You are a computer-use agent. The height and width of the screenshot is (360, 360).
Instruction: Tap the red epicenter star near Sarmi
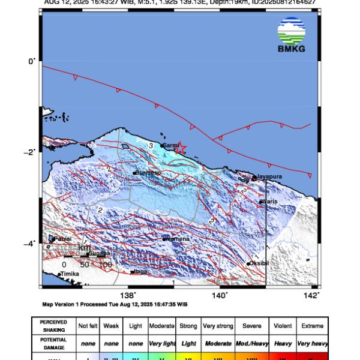(180, 148)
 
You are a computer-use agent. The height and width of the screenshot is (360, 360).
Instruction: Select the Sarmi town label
(172, 145)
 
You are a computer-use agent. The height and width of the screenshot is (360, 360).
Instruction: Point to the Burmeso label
(149, 173)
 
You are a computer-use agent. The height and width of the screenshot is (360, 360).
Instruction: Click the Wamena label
(178, 239)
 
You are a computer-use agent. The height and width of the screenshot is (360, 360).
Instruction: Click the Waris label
(269, 202)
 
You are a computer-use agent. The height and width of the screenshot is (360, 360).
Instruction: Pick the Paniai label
(62, 239)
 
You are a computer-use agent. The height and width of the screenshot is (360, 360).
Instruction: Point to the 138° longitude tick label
(128, 295)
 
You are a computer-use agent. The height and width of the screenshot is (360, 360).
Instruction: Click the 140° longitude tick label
(220, 295)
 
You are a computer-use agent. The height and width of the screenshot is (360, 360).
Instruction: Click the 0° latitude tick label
(34, 60)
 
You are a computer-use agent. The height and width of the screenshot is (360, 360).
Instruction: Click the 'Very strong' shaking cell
(217, 326)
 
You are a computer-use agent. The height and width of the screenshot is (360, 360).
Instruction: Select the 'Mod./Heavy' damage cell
(251, 340)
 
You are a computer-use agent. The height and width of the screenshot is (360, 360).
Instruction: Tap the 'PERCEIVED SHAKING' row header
(53, 326)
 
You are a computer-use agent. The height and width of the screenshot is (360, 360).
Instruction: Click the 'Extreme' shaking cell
(312, 326)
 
